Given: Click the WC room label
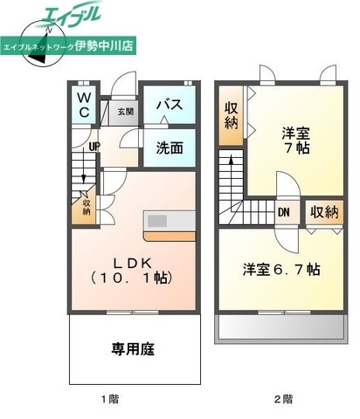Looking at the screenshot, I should pos(84,106).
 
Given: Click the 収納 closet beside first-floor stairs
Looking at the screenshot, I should pos(87,206).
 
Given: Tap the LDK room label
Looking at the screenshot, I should pos(134,261).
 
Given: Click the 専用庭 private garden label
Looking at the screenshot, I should pos(133,349).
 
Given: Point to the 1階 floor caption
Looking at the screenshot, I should pos(108,398).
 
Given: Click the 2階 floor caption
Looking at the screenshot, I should pos(282,398).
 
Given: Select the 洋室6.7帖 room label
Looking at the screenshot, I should pos(280,269).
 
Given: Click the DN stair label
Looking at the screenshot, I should pos(284,211).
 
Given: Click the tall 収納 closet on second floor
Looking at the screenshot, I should pos(232,116).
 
